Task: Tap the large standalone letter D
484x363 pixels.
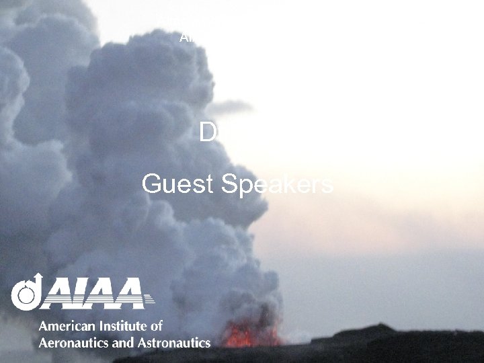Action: pyautogui.click(x=208, y=132)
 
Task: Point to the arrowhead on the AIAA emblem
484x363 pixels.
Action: pyautogui.click(x=38, y=278)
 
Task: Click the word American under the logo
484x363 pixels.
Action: pyautogui.click(x=66, y=326)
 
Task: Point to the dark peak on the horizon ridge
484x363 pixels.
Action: pyautogui.click(x=374, y=328)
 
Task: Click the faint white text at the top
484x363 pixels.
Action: pyautogui.click(x=188, y=38)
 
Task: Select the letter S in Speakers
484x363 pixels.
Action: pyautogui.click(x=230, y=184)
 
